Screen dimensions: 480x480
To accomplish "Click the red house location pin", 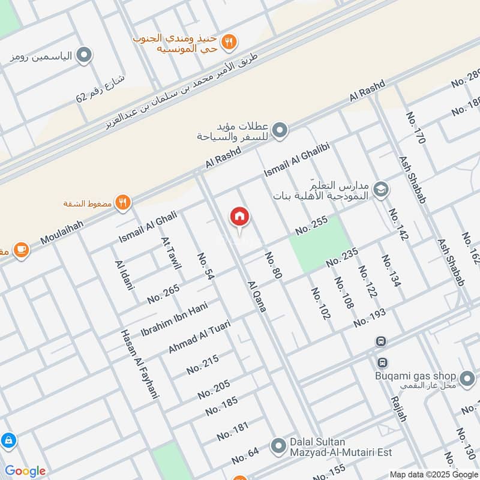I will coord(239,218).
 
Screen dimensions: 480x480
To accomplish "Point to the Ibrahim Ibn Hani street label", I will coord(173,320).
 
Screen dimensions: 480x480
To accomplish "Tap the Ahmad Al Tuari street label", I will coord(199,336).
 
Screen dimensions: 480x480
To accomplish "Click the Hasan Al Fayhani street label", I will coord(139,364).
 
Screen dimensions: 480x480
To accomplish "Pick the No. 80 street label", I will coord(273,266).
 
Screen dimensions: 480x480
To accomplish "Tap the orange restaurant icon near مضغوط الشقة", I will coord(123,203).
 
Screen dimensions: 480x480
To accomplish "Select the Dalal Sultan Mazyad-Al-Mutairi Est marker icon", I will coord(277,446).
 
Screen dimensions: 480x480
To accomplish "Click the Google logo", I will coord(25,471).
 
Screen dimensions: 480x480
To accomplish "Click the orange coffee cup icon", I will coord(20,249).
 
